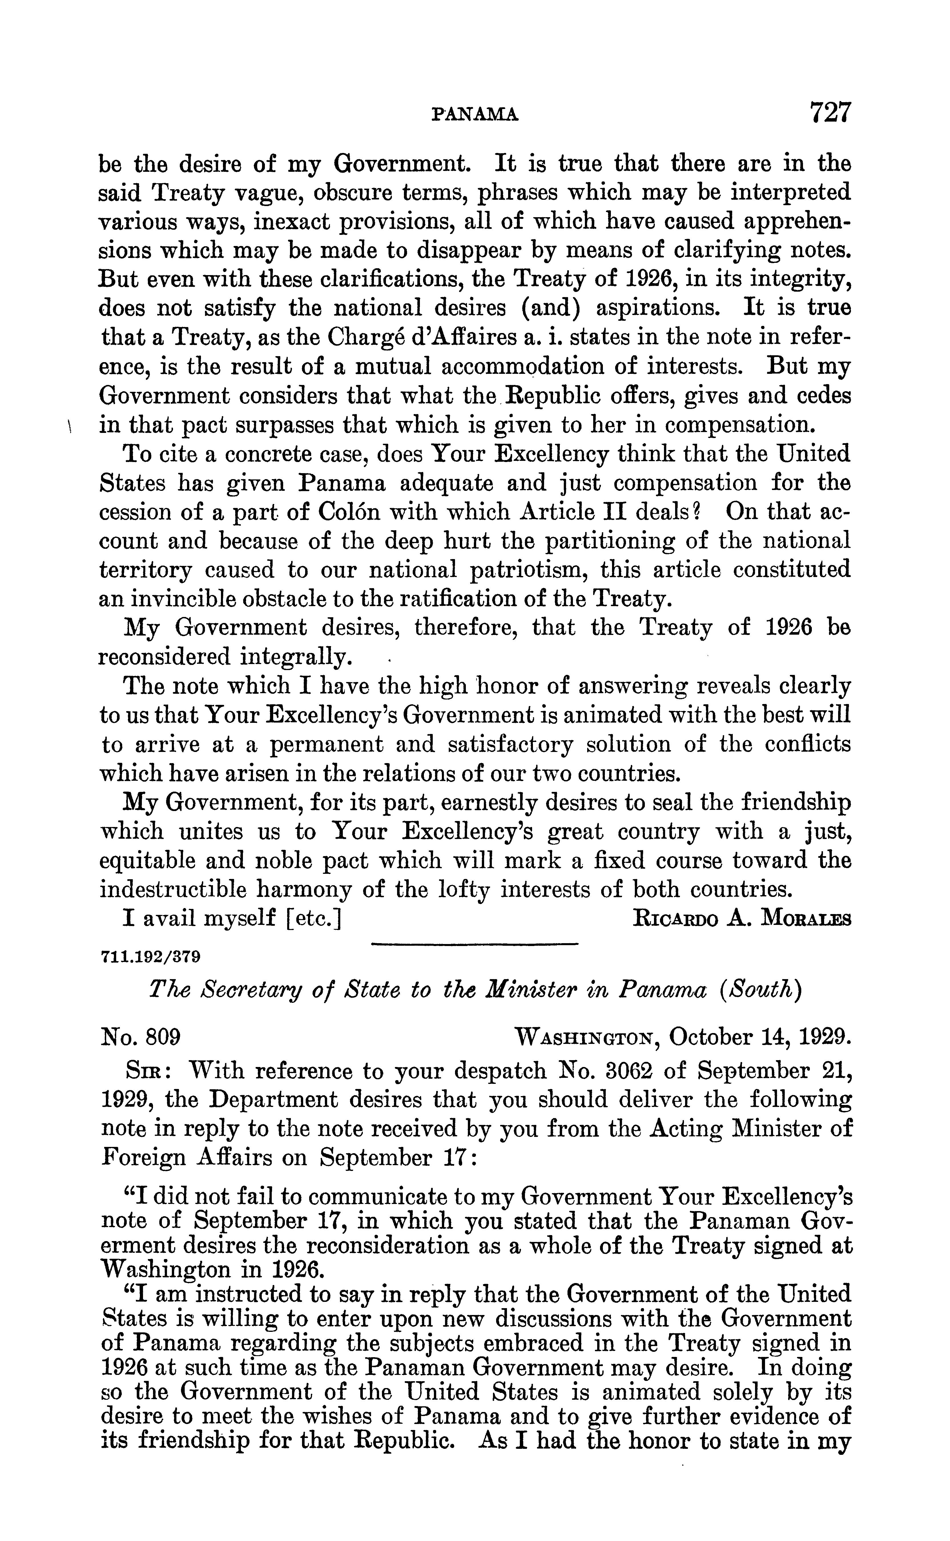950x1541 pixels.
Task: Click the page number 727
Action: click(829, 112)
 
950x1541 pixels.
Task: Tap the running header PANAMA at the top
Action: click(475, 114)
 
